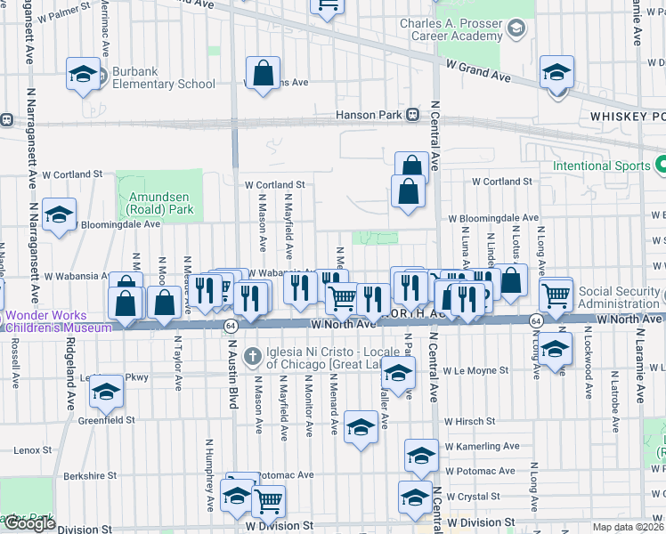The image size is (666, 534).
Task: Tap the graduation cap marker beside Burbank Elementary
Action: point(83,74)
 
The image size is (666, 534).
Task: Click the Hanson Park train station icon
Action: point(412,115)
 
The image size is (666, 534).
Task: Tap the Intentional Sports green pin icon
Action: point(661,166)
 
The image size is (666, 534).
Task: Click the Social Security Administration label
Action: point(621,297)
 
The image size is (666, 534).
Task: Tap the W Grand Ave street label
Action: point(479,71)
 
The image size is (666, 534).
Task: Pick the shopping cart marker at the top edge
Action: point(328,6)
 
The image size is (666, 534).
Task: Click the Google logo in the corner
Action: point(29,523)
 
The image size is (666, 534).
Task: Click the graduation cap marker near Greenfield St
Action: point(106,393)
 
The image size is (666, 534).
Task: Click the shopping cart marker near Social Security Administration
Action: point(556,294)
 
